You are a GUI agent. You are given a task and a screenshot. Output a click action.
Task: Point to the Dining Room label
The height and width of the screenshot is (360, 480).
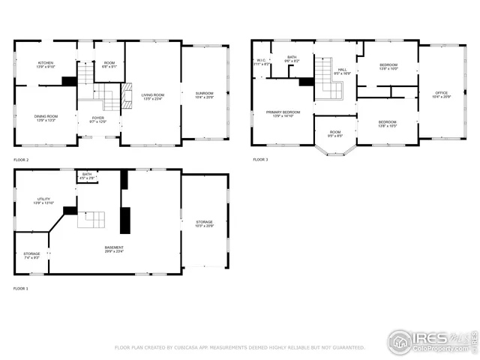click(45, 117)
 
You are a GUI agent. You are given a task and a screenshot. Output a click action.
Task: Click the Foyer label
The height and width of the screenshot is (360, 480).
click(98, 118)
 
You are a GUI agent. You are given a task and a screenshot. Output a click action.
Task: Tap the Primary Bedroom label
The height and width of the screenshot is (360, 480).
click(283, 113)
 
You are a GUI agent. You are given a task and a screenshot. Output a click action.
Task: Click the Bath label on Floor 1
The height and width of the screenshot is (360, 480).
click(88, 175)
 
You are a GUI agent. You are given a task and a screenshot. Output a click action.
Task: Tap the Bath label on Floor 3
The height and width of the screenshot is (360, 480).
click(292, 58)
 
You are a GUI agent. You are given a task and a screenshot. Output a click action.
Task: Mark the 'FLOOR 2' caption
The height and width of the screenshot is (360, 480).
click(21, 160)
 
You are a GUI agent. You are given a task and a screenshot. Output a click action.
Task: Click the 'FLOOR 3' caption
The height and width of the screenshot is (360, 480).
click(259, 160)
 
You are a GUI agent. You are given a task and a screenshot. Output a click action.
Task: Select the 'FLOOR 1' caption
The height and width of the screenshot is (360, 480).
click(21, 288)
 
